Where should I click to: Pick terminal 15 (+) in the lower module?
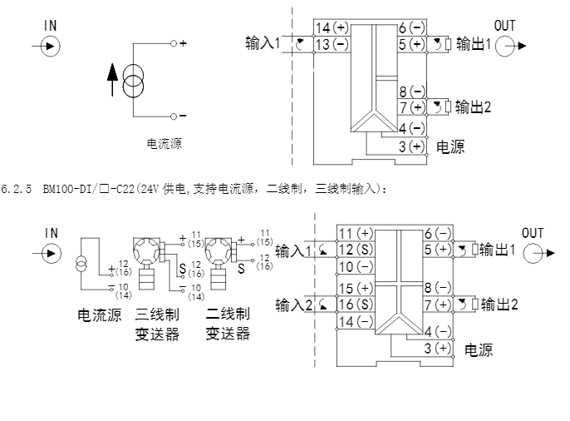coord(354,288)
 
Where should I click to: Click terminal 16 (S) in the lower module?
coord(354,305)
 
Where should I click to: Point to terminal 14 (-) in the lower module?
coord(354,320)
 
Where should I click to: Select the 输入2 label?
coord(292,305)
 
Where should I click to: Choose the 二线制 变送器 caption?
coord(228,324)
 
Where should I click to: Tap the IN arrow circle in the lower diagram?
coord(52,253)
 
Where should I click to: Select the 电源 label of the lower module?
coord(478,350)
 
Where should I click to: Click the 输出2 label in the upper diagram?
coord(476,106)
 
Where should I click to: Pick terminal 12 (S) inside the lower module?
coord(354,250)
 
